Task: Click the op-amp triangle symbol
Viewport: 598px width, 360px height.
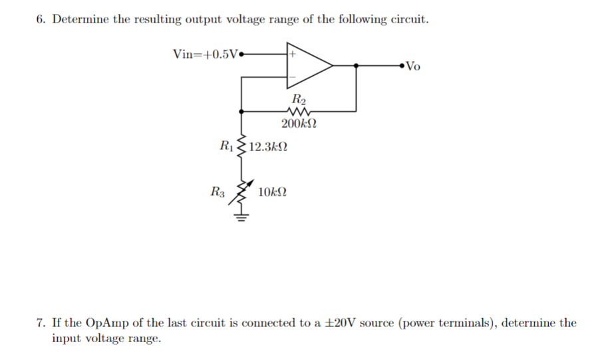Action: click(x=308, y=65)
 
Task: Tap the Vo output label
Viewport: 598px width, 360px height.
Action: click(x=413, y=65)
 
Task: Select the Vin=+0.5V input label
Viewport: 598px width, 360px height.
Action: click(x=204, y=54)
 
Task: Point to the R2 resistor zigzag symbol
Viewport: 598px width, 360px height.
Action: click(x=297, y=112)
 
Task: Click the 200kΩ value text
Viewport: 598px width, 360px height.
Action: click(x=297, y=124)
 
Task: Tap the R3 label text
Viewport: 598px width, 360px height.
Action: click(x=217, y=192)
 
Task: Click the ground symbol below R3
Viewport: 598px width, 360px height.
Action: click(x=241, y=216)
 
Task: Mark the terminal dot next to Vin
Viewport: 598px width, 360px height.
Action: click(x=241, y=54)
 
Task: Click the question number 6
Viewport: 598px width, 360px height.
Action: click(x=40, y=19)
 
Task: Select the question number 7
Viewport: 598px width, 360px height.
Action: click(x=40, y=323)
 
